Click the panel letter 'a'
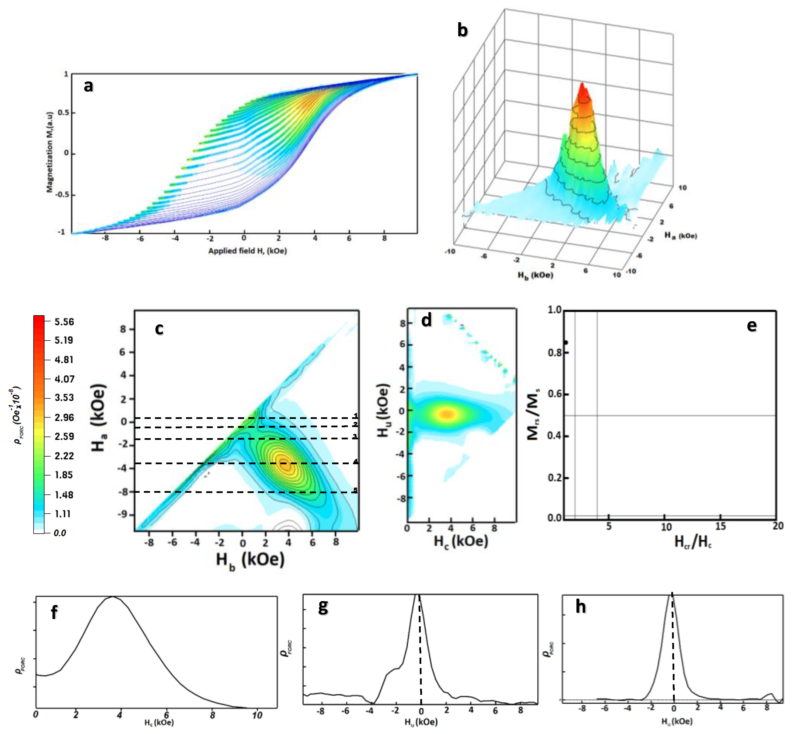(88, 86)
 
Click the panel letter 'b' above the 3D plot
(462, 30)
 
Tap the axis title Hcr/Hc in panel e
(692, 541)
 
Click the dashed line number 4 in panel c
(355, 461)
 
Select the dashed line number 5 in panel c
(355, 490)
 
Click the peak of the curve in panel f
(113, 597)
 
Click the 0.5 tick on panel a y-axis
(64, 113)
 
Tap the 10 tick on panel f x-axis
(257, 715)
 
